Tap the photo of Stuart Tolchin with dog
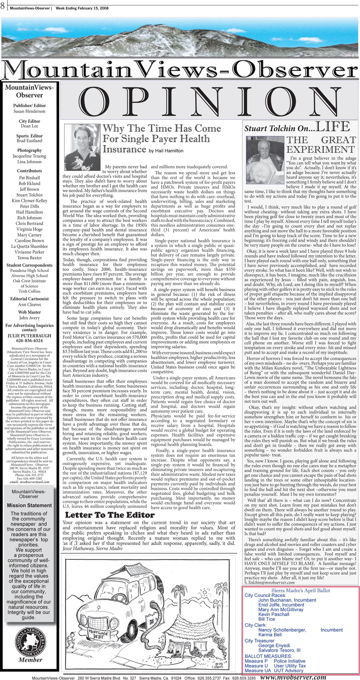pos(265,155)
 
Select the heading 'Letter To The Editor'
pos(109,515)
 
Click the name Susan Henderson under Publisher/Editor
pos(29,111)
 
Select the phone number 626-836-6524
pos(30,341)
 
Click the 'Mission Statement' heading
pos(29,505)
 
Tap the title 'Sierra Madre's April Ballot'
pos(300,590)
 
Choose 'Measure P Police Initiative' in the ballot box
pos(275,661)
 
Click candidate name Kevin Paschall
pos(274,614)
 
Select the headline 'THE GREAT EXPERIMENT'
pos(320,145)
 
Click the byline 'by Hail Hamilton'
pos(166,151)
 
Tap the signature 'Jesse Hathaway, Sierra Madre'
pos(92,548)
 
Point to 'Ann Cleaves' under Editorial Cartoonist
pos(29,304)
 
